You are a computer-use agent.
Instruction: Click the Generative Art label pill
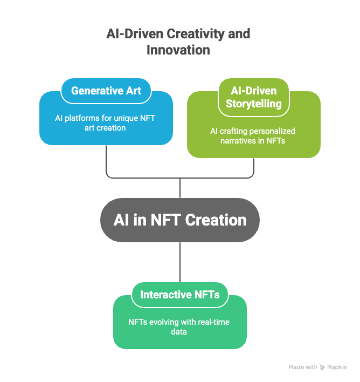coord(106,91)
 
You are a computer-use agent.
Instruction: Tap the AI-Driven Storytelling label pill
coord(254,97)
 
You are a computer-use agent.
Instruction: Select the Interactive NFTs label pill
coord(180,295)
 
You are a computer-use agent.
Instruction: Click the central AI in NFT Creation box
coord(180,220)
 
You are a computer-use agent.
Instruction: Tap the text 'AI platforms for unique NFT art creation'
coord(106,123)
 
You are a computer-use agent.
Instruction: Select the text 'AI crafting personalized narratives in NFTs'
coord(253,136)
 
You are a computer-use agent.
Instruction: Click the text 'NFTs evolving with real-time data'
coord(179,327)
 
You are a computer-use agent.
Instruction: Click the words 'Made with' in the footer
coord(303,367)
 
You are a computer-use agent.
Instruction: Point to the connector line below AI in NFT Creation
coord(180,262)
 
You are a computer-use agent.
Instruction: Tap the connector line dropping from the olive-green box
coord(254,167)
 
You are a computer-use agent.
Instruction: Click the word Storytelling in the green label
coord(254,104)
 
